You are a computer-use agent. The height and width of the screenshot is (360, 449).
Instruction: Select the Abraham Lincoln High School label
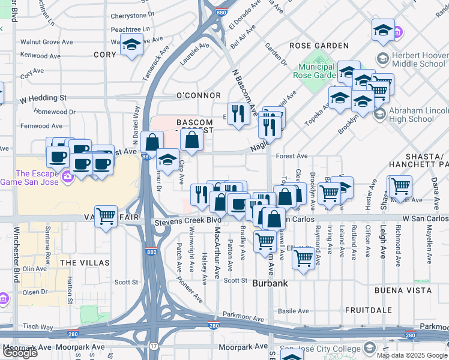419,115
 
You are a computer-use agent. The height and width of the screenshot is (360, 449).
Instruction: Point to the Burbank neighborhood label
271,283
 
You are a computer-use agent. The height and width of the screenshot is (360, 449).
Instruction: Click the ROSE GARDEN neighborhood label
319,46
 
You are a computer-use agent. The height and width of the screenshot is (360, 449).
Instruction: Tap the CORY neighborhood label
104,55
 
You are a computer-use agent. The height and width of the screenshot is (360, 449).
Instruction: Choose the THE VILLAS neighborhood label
85,263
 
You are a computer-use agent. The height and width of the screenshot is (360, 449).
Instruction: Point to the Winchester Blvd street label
14,258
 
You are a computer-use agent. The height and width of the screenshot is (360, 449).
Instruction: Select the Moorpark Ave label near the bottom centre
243,347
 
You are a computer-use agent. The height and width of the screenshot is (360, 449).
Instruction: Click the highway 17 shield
154,346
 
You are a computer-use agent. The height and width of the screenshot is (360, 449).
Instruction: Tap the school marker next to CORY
131,44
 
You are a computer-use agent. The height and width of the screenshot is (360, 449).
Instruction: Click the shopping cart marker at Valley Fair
106,215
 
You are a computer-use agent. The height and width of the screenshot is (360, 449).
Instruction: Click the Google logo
20,353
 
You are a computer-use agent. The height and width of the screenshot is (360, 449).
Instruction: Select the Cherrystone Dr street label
133,15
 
